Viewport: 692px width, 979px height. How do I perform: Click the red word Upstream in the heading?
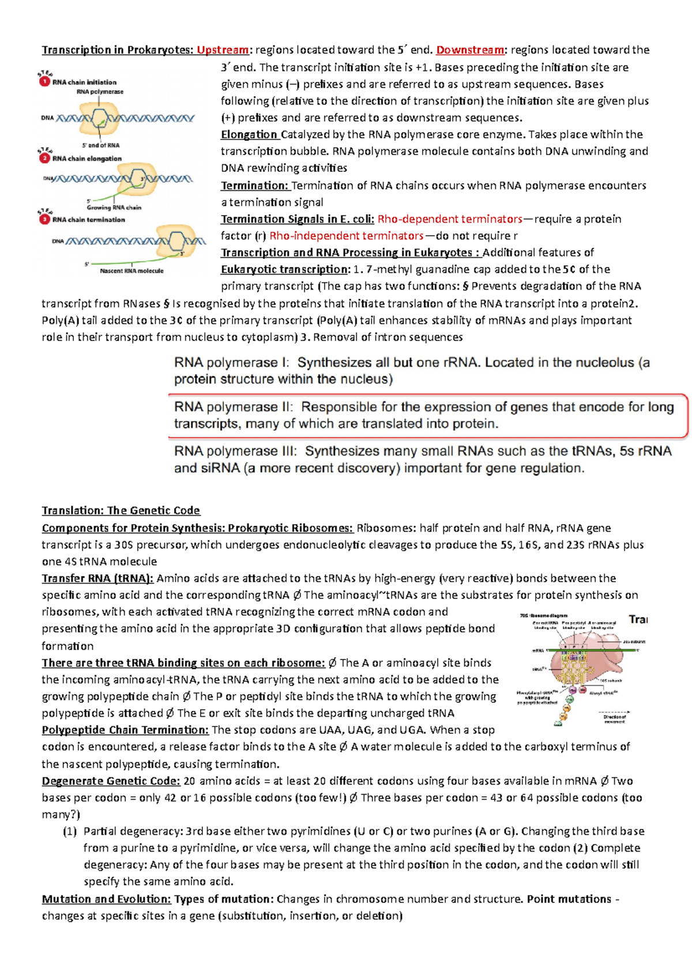[x=222, y=50]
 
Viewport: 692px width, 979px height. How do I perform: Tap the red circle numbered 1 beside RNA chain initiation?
[x=44, y=82]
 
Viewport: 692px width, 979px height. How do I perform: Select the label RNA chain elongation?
[x=86, y=159]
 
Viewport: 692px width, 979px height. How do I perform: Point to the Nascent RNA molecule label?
[x=131, y=270]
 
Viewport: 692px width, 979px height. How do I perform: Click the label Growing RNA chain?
[x=114, y=208]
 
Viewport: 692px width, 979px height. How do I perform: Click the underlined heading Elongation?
[x=249, y=134]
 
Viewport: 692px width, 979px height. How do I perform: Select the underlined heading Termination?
[x=254, y=186]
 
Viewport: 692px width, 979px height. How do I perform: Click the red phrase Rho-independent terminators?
[x=346, y=236]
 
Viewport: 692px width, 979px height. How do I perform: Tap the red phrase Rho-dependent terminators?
[x=449, y=219]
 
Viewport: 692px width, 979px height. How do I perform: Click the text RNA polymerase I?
[x=231, y=363]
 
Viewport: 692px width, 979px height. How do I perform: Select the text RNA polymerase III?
[x=235, y=451]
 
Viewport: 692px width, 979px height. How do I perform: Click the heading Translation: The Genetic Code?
[x=121, y=510]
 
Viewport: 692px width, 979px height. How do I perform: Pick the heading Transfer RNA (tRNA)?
[x=97, y=578]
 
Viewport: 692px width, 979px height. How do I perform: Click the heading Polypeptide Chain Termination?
[x=125, y=730]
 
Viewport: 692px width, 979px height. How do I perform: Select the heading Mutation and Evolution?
[x=106, y=899]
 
